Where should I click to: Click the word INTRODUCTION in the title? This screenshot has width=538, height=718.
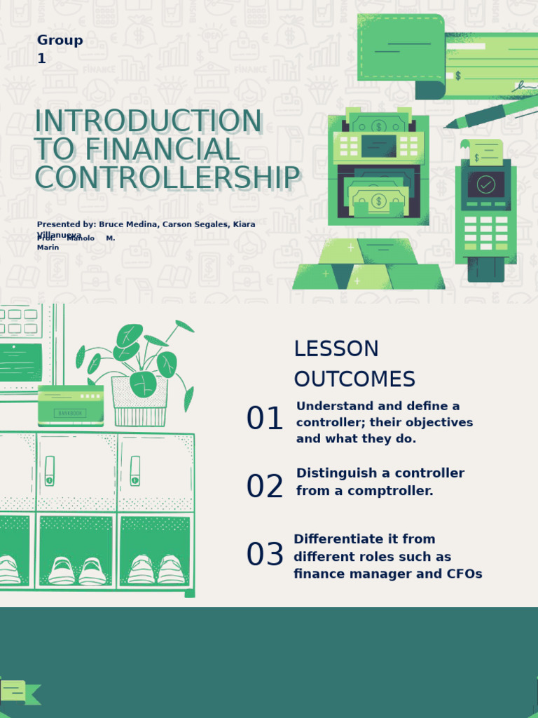pyautogui.click(x=148, y=121)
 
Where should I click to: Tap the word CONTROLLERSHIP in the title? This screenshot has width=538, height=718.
pyautogui.click(x=167, y=178)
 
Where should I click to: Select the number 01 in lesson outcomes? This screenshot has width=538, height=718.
pyautogui.click(x=265, y=419)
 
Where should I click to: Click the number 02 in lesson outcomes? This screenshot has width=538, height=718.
pyautogui.click(x=265, y=487)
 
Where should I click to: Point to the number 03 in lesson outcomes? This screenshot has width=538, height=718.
pyautogui.click(x=265, y=555)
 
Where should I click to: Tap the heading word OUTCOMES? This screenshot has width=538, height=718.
pyautogui.click(x=354, y=379)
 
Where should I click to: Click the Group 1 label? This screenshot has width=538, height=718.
pyautogui.click(x=60, y=49)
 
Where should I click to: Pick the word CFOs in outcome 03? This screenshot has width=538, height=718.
pyautogui.click(x=464, y=574)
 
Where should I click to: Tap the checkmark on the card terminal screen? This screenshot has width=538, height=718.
pyautogui.click(x=485, y=184)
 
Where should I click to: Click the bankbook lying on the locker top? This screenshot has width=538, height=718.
pyautogui.click(x=71, y=405)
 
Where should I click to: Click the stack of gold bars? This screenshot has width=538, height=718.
pyautogui.click(x=368, y=266)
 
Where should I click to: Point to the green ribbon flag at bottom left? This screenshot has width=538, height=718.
pyautogui.click(x=20, y=692)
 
